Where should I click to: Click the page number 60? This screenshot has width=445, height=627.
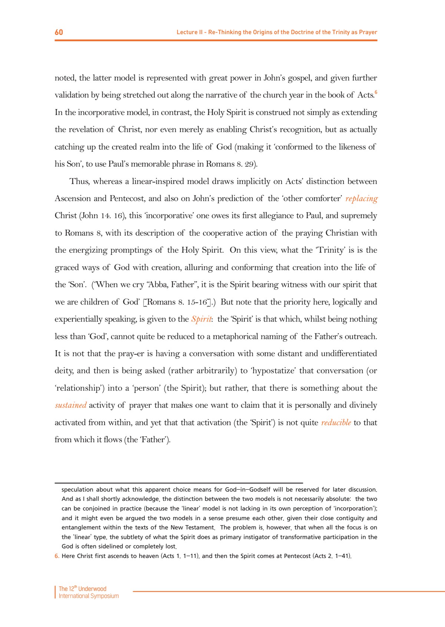click(x=59, y=32)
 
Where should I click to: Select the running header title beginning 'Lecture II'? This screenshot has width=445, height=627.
click(x=277, y=32)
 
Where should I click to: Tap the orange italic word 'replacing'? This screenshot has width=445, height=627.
click(x=362, y=199)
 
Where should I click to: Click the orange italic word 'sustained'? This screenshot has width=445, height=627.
click(x=70, y=405)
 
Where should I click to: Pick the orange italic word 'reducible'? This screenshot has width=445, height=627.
click(x=336, y=423)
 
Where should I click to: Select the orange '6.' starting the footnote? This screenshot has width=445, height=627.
click(x=57, y=556)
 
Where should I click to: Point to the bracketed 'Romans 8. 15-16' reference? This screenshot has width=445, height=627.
click(x=177, y=302)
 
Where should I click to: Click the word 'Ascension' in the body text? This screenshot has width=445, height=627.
click(x=73, y=198)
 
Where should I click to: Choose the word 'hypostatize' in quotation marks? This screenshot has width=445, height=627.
click(x=273, y=371)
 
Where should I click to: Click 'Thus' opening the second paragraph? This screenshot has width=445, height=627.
click(x=79, y=181)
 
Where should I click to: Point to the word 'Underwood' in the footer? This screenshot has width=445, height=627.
click(x=92, y=589)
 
